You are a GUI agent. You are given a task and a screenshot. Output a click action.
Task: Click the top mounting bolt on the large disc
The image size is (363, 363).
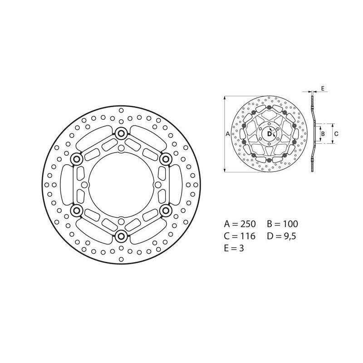(121, 133)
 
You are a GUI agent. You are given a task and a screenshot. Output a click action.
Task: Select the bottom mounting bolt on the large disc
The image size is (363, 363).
(121, 235)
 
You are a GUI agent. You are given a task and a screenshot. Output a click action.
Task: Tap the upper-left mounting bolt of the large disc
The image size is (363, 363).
(76, 158)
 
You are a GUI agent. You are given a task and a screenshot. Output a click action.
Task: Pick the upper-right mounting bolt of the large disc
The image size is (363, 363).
(166, 158)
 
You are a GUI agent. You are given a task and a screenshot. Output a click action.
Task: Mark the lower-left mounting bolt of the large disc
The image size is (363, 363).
(76, 210)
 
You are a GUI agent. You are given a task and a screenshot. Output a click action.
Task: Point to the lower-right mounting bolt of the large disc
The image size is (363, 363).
(166, 210)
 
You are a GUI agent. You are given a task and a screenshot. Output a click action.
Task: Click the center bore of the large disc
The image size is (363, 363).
(121, 184)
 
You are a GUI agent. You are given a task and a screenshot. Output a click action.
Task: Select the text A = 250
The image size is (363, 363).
(240, 224)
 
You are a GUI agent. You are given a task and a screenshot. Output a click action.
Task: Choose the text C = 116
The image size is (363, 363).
(240, 236)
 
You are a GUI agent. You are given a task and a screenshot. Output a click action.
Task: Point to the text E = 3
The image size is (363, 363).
(234, 249)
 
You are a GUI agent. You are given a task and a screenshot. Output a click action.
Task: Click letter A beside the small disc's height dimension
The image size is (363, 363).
(228, 134)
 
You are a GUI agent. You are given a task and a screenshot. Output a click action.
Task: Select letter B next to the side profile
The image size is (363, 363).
(323, 134)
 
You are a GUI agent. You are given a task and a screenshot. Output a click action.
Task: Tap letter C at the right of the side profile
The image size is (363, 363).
(336, 134)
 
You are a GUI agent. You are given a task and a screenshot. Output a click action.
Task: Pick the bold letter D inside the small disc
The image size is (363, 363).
(269, 134)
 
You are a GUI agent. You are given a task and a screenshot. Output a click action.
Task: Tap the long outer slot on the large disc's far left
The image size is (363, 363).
(65, 184)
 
